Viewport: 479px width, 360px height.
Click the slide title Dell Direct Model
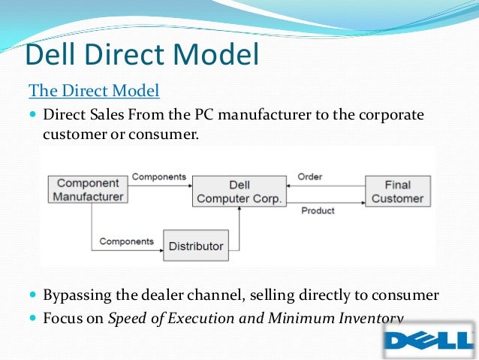pyautogui.click(x=142, y=56)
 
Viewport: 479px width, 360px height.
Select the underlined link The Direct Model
pyautogui.click(x=94, y=92)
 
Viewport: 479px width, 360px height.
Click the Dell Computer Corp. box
pyautogui.click(x=239, y=192)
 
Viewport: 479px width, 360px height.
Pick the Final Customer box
pyautogui.click(x=398, y=192)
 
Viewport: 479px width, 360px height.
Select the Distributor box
pyautogui.click(x=196, y=246)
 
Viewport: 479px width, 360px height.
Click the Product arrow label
pyautogui.click(x=318, y=211)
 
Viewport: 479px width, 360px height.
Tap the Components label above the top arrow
pyautogui.click(x=159, y=177)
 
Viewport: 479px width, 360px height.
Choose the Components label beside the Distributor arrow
pyautogui.click(x=126, y=242)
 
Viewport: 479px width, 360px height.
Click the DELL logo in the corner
pyautogui.click(x=429, y=342)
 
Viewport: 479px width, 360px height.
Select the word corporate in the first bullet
pyautogui.click(x=386, y=116)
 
